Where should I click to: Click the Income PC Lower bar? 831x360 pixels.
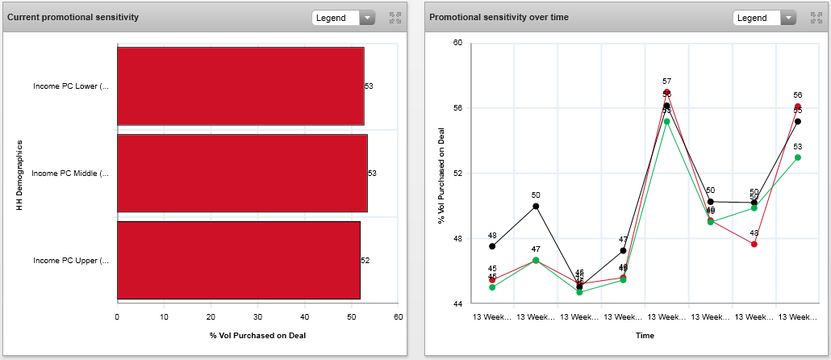pyautogui.click(x=240, y=86)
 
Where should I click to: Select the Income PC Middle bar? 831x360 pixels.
pyautogui.click(x=242, y=174)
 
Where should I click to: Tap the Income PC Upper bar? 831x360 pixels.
pyautogui.click(x=238, y=260)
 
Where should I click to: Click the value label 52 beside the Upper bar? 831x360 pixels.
pyautogui.click(x=365, y=260)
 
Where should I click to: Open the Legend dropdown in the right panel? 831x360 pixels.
pyautogui.click(x=765, y=18)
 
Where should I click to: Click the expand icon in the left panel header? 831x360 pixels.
pyautogui.click(x=395, y=18)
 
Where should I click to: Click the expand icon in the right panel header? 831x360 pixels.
pyautogui.click(x=816, y=18)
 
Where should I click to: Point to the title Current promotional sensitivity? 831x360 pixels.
pyautogui.click(x=73, y=17)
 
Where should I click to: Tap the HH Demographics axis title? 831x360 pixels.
pyautogui.click(x=19, y=175)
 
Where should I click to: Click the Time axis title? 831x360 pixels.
pyautogui.click(x=645, y=335)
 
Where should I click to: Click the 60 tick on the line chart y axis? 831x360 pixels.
pyautogui.click(x=457, y=42)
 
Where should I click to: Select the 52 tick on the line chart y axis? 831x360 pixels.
pyautogui.click(x=457, y=173)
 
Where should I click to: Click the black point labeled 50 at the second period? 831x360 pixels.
pyautogui.click(x=536, y=206)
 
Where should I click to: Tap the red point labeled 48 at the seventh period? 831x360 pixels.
pyautogui.click(x=754, y=244)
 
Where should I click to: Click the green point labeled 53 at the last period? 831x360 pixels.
pyautogui.click(x=797, y=157)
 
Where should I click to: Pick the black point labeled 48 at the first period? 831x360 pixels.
pyautogui.click(x=492, y=246)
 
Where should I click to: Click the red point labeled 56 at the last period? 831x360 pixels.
pyautogui.click(x=797, y=107)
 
